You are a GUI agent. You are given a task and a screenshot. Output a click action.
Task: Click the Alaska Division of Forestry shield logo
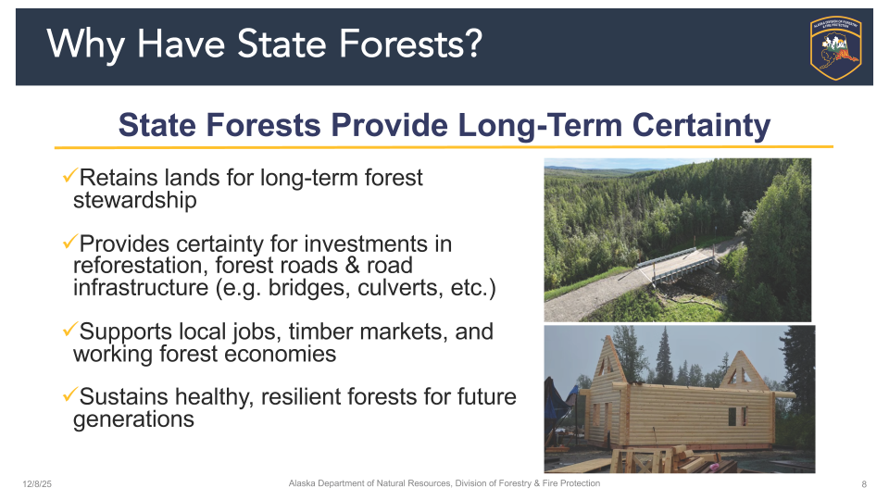[835, 47]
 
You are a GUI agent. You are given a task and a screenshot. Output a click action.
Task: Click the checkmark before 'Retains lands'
[69, 175]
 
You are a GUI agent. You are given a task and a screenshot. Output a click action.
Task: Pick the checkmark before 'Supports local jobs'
[69, 329]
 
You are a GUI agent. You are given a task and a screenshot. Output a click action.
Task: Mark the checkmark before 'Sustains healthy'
[69, 394]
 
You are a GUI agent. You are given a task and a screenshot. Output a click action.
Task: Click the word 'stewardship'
[135, 200]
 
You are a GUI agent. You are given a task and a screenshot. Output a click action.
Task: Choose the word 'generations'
[133, 419]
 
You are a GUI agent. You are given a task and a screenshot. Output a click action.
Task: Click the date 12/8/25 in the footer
[37, 484]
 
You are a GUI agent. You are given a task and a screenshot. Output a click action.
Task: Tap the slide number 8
[864, 484]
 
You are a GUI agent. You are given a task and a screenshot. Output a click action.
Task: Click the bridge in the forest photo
[679, 264]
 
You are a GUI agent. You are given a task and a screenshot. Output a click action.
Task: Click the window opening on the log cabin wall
[737, 417]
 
